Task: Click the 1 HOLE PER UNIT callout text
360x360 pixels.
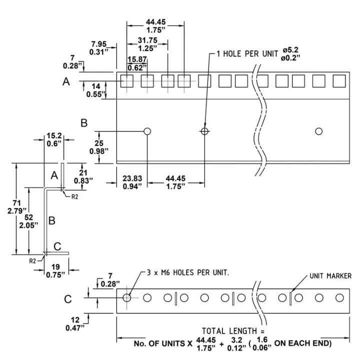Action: pos(247,53)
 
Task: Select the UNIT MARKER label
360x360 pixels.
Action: pos(330,275)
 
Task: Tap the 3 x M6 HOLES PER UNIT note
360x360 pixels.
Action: pos(188,272)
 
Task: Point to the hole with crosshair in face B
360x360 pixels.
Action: pos(204,131)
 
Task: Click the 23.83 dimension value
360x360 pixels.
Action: pos(132,178)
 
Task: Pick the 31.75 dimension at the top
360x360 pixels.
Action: pos(147,40)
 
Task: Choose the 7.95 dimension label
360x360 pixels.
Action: pos(98,44)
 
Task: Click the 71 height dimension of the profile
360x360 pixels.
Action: pos(16,203)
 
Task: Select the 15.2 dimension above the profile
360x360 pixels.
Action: pos(54,135)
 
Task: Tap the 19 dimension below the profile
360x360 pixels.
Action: pos(55,267)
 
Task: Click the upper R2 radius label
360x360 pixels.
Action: pos(74,197)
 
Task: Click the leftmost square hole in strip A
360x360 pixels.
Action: pos(127,81)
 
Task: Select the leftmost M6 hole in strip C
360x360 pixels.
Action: pos(126,298)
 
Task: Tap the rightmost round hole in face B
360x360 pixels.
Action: pos(318,131)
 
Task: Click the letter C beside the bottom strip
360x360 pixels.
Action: pos(68,299)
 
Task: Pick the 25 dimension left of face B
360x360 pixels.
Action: pos(99,143)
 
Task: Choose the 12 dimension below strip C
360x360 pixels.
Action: pos(75,320)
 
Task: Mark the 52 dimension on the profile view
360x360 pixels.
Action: pos(28,217)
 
